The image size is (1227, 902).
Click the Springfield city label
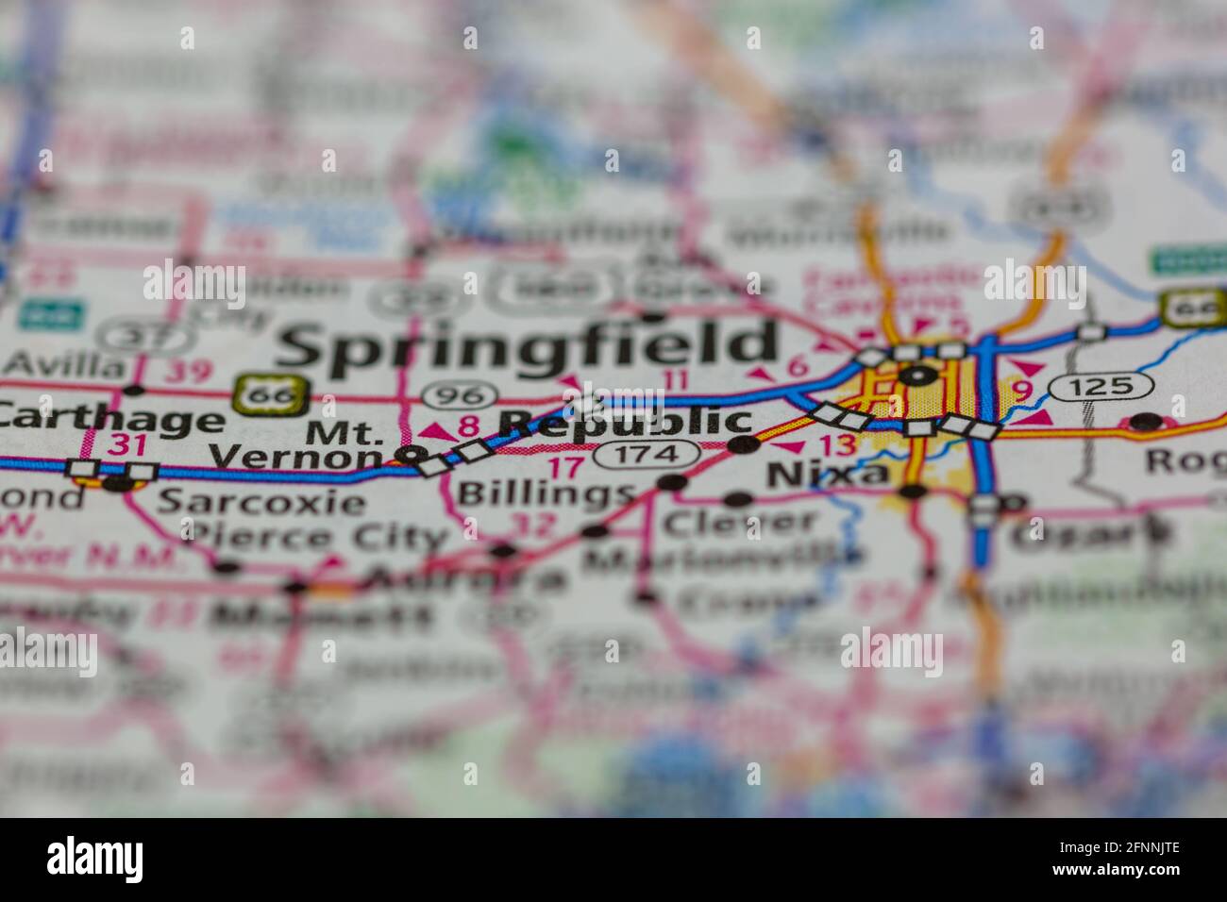click(x=529, y=344)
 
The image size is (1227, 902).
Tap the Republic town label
click(x=625, y=423)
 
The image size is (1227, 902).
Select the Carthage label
click(x=110, y=421)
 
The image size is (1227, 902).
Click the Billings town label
click(x=545, y=493)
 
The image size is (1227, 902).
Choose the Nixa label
click(x=828, y=474)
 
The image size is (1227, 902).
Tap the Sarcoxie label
click(x=260, y=501)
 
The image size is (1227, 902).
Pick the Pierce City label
click(x=316, y=538)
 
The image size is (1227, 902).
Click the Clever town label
click(x=740, y=522)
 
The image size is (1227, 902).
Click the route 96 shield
click(x=459, y=394)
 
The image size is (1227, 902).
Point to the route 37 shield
click(x=131, y=334)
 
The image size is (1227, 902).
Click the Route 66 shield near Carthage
click(x=271, y=394)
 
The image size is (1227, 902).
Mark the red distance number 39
click(x=188, y=371)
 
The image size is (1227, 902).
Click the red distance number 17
click(x=566, y=466)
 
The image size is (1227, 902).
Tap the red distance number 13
click(x=836, y=445)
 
